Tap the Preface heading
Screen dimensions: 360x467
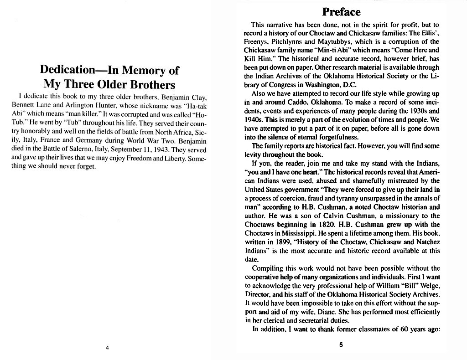tap(341, 11)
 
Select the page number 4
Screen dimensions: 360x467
tap(107, 348)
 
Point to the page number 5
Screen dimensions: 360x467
tap(341, 345)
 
